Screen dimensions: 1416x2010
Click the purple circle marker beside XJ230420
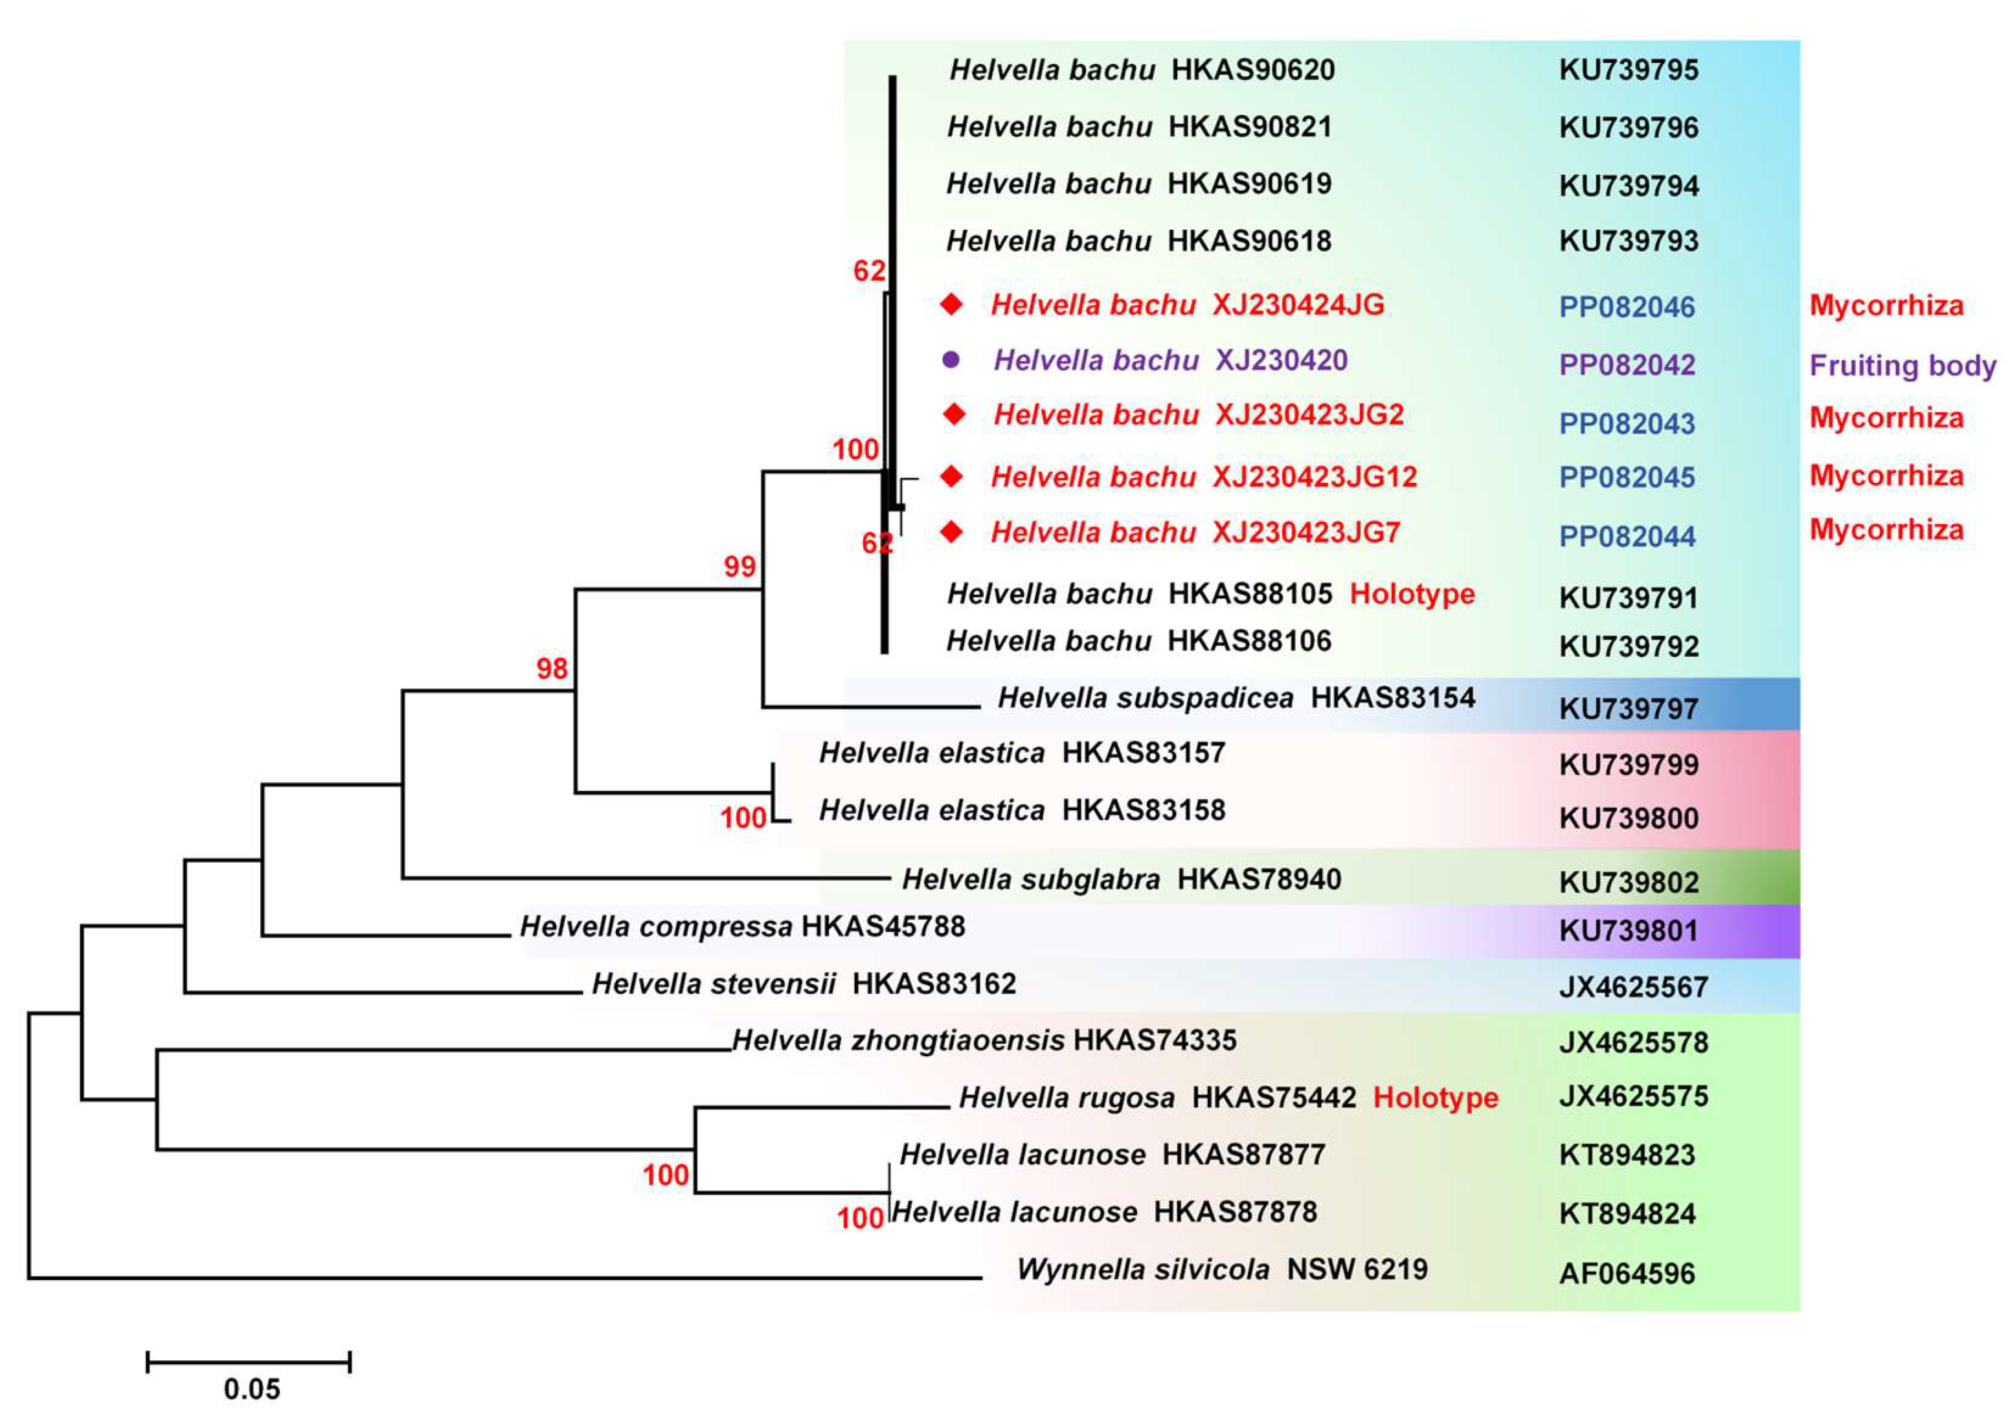(951, 360)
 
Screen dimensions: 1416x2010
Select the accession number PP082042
(1627, 364)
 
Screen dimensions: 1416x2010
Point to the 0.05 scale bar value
(251, 1389)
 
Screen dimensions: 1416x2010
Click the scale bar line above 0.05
(249, 1362)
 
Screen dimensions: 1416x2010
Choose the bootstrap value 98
(552, 669)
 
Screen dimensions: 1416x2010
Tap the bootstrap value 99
(739, 566)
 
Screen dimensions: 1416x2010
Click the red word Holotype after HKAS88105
(1411, 594)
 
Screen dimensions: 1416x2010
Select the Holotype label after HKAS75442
(1435, 1098)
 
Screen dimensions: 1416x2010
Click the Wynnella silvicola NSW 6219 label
(1222, 1269)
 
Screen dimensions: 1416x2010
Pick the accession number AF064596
(1627, 1274)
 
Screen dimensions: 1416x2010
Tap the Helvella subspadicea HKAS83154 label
(1236, 698)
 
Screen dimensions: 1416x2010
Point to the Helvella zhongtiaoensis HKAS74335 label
(984, 1040)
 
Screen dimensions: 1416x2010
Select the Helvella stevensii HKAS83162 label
(804, 984)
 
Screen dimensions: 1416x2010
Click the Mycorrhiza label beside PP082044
(1886, 529)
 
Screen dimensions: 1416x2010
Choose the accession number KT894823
(1627, 1155)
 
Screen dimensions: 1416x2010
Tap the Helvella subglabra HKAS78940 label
(1122, 879)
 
